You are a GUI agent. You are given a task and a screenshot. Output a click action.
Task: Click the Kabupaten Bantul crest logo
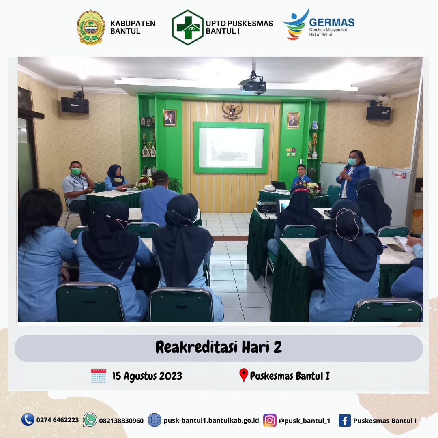tap(91, 27)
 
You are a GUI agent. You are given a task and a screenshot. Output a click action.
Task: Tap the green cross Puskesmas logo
tap(187, 28)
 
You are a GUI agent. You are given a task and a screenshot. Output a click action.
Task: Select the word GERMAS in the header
tap(332, 22)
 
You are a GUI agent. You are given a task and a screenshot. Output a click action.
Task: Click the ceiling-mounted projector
tap(253, 86)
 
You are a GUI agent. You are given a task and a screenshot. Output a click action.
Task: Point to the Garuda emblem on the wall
tap(232, 111)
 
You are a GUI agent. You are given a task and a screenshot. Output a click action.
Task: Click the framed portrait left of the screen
tap(170, 118)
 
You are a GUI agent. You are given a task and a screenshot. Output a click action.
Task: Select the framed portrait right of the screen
tap(293, 120)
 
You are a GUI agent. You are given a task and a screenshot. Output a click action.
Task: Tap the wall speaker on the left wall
tap(75, 105)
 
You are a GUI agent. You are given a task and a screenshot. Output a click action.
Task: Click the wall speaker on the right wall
tap(378, 112)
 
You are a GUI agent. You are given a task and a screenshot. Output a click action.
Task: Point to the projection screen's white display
tap(231, 148)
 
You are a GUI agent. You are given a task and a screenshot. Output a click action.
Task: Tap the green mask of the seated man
tap(76, 171)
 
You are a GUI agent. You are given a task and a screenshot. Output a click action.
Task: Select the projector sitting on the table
tap(266, 207)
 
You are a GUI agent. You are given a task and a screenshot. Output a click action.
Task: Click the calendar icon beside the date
tap(99, 376)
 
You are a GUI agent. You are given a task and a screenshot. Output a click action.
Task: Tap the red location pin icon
tap(244, 375)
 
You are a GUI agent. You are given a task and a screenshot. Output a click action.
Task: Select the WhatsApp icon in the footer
tap(90, 420)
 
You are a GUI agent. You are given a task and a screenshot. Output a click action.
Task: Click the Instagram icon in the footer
tap(270, 420)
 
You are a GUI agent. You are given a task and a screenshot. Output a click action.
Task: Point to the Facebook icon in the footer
tap(345, 421)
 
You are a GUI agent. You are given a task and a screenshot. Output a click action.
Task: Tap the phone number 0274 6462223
tap(58, 420)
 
